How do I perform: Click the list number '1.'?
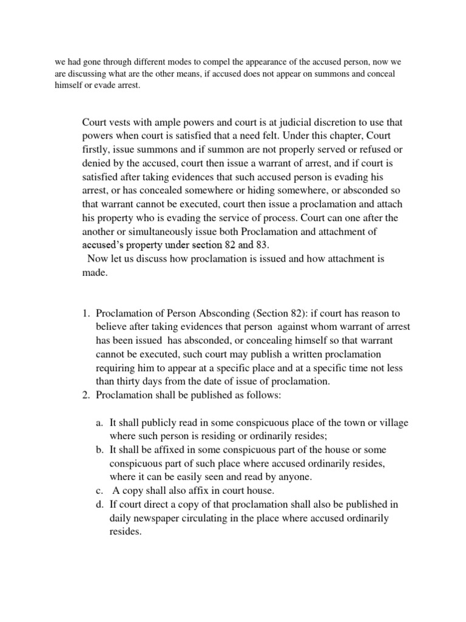tap(86, 313)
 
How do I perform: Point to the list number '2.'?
tap(86, 395)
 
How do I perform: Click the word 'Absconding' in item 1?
tap(211, 313)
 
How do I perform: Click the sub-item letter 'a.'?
tap(99, 422)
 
